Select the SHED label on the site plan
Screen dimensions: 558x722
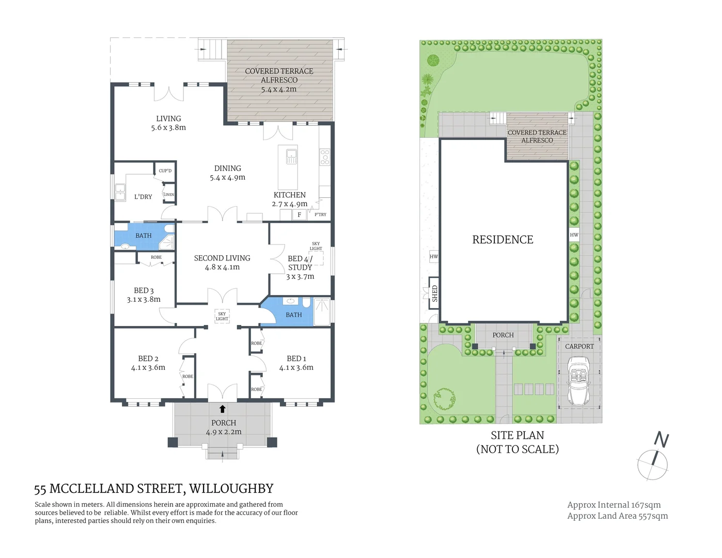tap(434, 293)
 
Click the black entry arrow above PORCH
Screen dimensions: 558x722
tap(223, 409)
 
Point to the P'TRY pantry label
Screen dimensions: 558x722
tap(320, 214)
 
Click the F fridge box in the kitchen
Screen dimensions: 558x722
tap(299, 215)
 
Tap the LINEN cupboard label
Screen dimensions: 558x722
tap(169, 195)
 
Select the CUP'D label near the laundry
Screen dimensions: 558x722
tap(165, 171)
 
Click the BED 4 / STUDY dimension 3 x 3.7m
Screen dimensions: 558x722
tap(300, 276)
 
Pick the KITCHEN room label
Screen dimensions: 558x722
tap(290, 195)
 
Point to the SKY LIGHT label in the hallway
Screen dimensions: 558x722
tap(222, 316)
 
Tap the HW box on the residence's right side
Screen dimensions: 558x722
tap(574, 235)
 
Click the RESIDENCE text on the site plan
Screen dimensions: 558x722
tap(503, 240)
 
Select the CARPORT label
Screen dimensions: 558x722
tap(579, 346)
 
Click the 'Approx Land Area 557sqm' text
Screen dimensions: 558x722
tap(617, 516)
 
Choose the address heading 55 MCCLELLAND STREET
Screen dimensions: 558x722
tap(153, 489)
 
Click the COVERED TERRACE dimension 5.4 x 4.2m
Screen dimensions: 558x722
tap(279, 89)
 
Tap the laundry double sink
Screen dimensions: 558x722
tap(120, 193)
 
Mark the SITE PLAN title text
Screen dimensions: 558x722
tap(517, 436)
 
